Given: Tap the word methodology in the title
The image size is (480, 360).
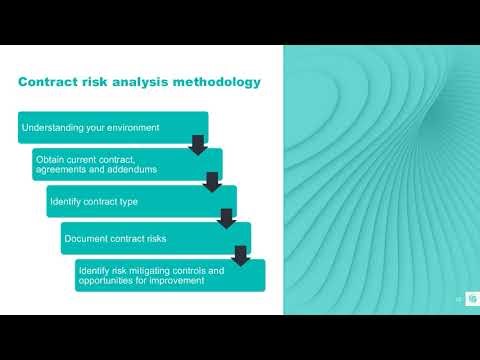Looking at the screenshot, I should pos(212,82).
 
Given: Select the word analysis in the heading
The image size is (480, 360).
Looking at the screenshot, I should pos(145,82).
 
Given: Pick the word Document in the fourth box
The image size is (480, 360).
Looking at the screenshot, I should pos(85,239).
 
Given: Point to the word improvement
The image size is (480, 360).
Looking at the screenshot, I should pos(179,281).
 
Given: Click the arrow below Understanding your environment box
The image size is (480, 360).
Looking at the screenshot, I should pos(197,145).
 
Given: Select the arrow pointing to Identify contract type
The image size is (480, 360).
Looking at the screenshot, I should pos(211,181).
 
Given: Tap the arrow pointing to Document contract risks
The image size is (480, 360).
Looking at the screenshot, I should pos(226,218).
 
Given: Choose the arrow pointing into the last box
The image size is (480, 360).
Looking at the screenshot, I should pos(240,254).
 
